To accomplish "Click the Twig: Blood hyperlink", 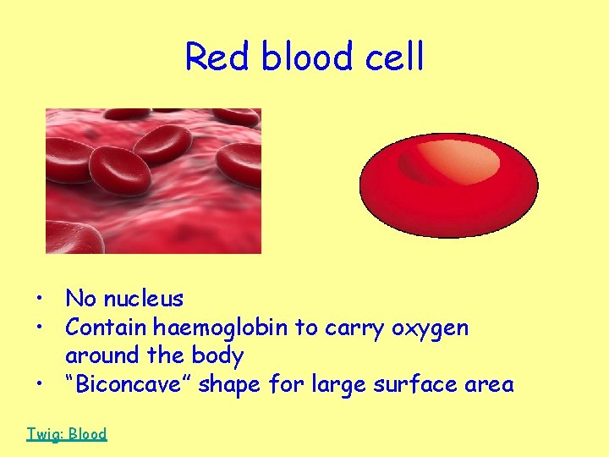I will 67,434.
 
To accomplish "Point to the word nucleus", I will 143,299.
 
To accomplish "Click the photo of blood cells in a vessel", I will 153,180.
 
